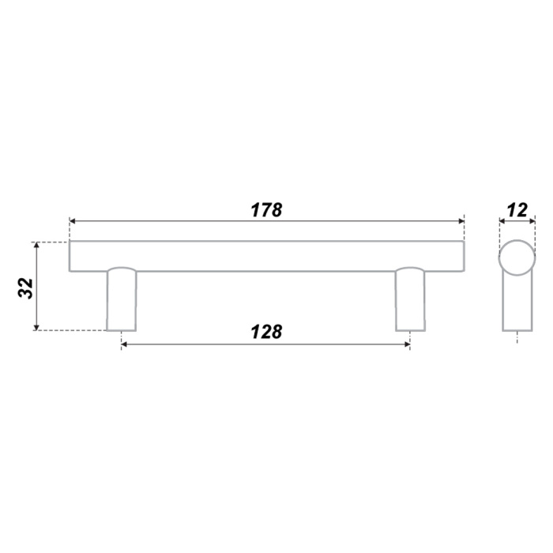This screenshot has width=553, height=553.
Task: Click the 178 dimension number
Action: click(266, 210)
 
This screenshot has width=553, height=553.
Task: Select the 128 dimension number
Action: click(266, 332)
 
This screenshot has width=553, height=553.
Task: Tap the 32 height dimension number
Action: click(26, 288)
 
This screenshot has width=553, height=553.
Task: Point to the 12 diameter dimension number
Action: click(517, 210)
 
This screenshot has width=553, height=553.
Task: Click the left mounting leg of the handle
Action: click(122, 299)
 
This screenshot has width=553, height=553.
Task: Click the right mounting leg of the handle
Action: click(410, 299)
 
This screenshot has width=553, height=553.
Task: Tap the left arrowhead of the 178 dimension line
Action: click(73, 221)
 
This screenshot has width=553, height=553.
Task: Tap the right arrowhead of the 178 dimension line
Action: click(461, 221)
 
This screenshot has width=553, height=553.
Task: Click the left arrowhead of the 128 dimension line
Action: click(125, 344)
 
